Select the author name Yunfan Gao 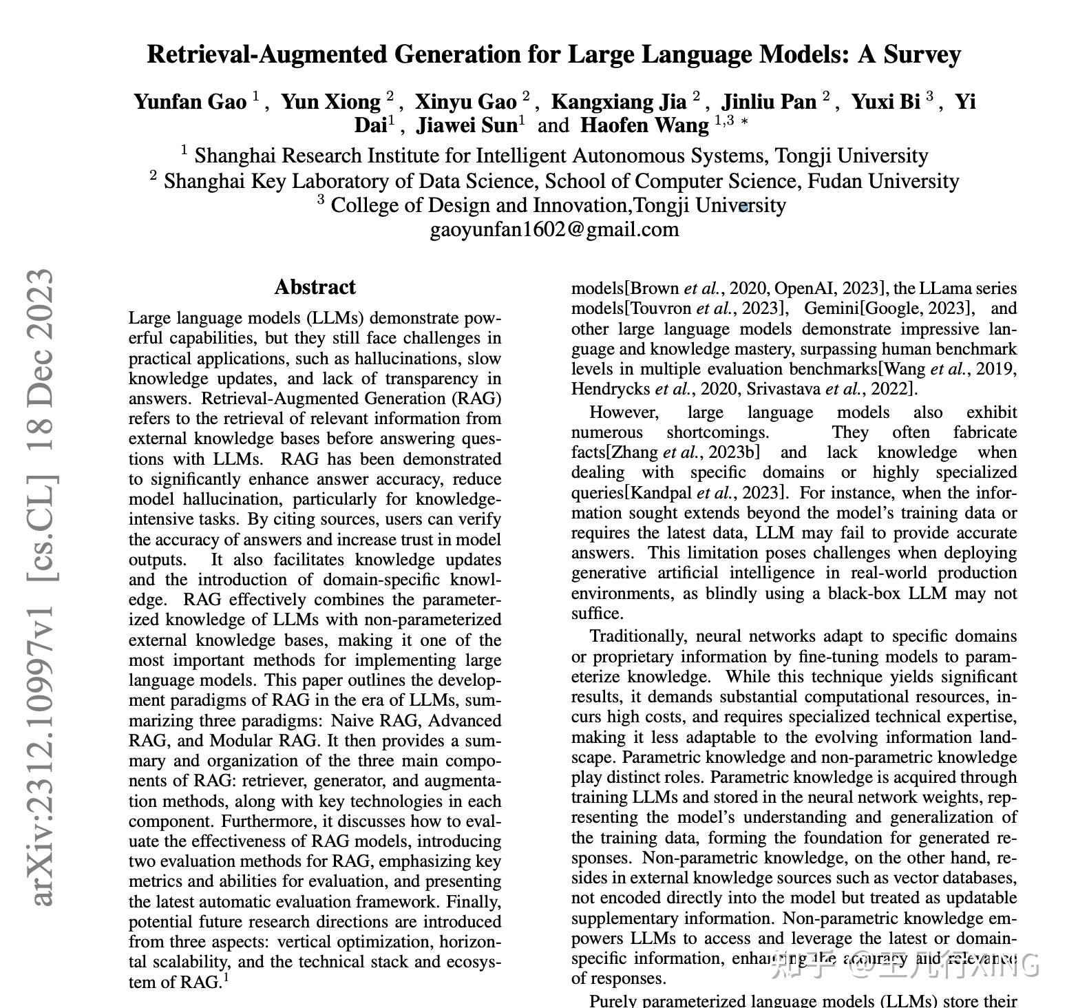pyautogui.click(x=190, y=102)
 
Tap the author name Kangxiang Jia pyautogui.click(x=619, y=102)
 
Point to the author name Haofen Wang pyautogui.click(x=644, y=125)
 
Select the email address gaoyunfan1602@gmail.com pyautogui.click(x=554, y=229)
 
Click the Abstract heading pyautogui.click(x=315, y=287)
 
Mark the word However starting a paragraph pyautogui.click(x=624, y=412)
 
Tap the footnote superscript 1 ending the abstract pyautogui.click(x=226, y=976)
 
